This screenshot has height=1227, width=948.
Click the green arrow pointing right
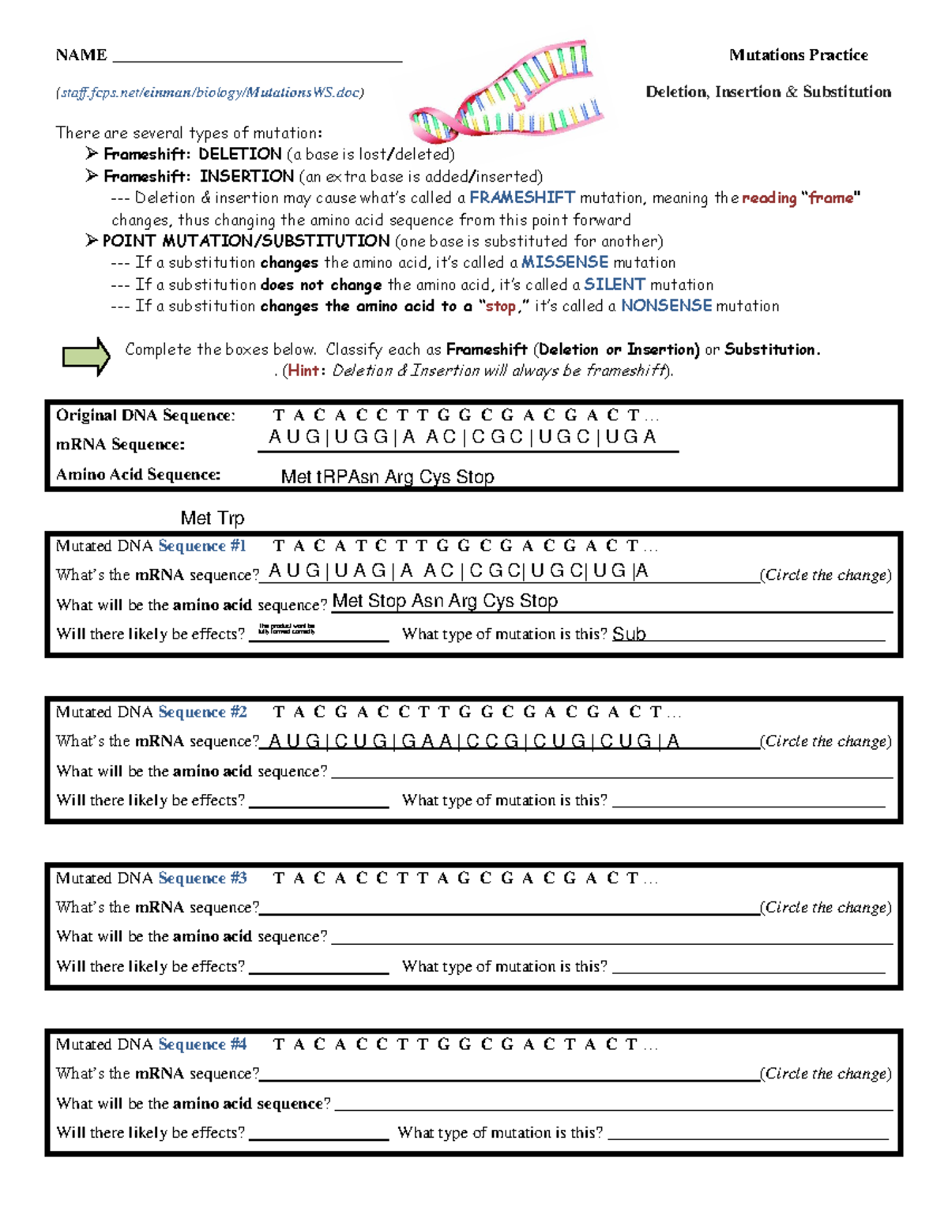coord(86,356)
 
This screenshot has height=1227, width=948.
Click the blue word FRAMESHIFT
coord(521,198)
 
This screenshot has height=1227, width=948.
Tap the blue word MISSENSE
coord(564,262)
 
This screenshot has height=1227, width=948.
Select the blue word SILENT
coord(614,284)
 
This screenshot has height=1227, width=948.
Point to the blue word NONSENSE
coord(666,306)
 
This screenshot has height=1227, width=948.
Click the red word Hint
coord(304,371)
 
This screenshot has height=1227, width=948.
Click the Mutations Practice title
coord(798,55)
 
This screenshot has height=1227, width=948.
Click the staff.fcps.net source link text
coord(209,92)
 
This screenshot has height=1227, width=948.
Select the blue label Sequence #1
coord(202,546)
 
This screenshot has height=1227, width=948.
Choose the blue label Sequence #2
coord(202,712)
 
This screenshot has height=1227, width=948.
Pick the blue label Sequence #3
coord(202,879)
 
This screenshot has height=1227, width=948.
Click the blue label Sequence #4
coord(202,1044)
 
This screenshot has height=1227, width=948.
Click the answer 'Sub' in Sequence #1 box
coord(629,634)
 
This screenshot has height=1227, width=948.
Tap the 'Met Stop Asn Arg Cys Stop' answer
coord(445,601)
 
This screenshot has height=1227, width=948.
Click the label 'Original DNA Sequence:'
coord(145,416)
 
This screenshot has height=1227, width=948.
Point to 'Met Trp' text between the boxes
coord(213,518)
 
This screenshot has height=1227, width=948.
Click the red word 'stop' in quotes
coord(500,307)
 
